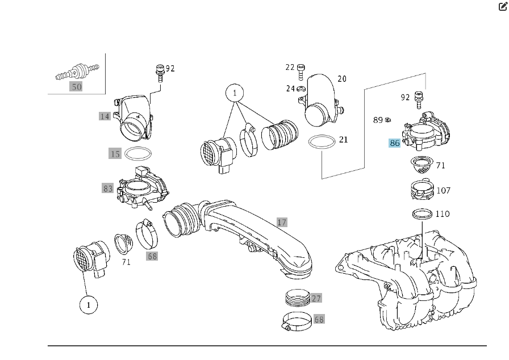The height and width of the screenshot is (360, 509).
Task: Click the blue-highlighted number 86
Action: click(x=394, y=143)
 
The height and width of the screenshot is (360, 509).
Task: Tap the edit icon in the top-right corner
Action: click(x=503, y=7)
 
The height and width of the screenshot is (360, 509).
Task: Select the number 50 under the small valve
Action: click(x=76, y=87)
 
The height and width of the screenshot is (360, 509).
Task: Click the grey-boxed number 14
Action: click(x=105, y=116)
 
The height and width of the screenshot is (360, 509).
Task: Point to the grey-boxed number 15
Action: click(x=115, y=153)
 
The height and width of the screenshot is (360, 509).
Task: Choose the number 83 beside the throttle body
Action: click(x=108, y=187)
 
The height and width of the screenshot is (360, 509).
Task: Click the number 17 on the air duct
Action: click(x=282, y=222)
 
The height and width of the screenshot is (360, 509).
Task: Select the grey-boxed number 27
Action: click(x=316, y=298)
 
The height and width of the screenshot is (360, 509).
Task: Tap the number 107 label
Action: click(x=444, y=190)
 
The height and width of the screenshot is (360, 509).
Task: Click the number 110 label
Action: click(x=442, y=214)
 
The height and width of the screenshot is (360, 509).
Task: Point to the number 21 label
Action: click(x=343, y=140)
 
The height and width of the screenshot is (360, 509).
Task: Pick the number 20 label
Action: click(x=341, y=79)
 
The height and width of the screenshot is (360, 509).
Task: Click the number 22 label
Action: click(x=290, y=68)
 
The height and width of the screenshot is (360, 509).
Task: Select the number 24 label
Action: click(x=290, y=88)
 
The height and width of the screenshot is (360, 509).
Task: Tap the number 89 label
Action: click(x=378, y=120)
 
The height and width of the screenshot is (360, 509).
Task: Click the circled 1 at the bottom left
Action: click(x=88, y=305)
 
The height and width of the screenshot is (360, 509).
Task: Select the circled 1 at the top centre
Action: click(x=234, y=93)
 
